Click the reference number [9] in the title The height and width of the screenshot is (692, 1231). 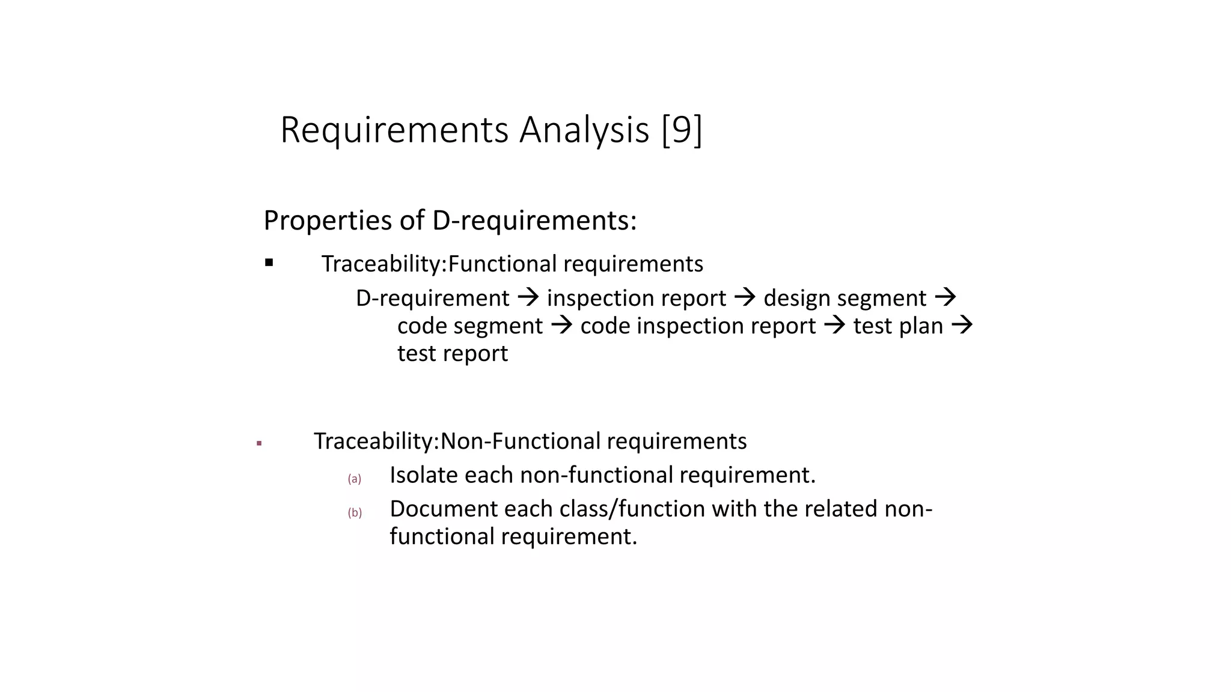pos(682,130)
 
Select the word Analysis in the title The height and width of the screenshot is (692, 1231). pos(584,130)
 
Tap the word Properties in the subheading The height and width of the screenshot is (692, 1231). pos(328,220)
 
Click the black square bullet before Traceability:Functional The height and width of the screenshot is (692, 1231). pos(269,263)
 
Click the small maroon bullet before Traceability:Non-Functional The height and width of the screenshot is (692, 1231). pos(259,444)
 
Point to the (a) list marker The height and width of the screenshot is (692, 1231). pos(355,479)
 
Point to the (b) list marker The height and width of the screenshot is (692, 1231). pos(355,512)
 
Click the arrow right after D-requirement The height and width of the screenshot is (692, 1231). pos(528,297)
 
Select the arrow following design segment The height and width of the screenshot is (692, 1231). pos(945,297)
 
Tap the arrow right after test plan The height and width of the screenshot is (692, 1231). pos(962,325)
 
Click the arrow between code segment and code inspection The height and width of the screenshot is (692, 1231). pos(561,325)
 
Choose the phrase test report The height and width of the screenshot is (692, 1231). pos(453,353)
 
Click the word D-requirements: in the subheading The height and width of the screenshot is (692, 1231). pos(534,220)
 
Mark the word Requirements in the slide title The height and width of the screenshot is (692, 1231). pos(394,130)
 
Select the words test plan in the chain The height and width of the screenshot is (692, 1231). pos(898,326)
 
